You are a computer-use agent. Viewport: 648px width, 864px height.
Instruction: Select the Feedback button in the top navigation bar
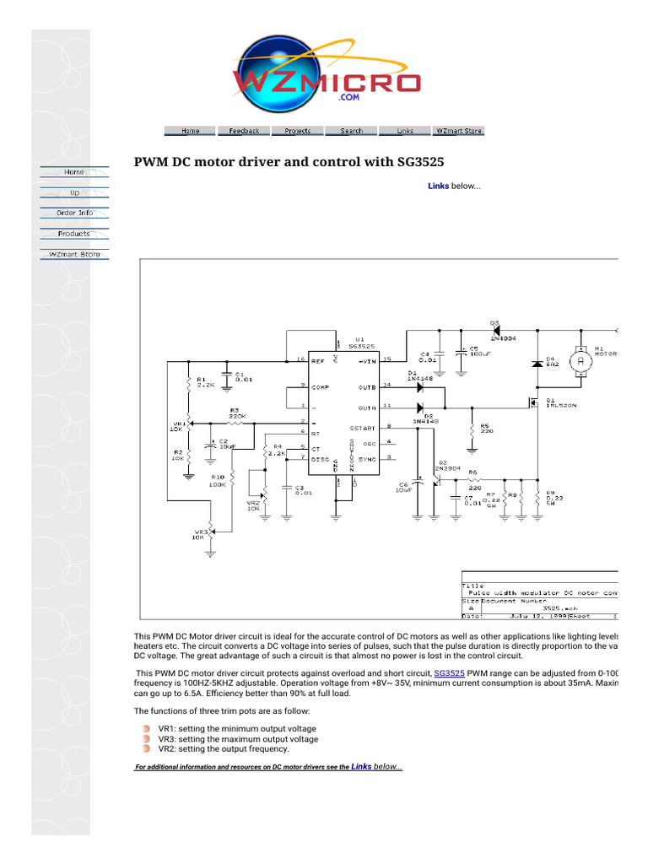tap(244, 131)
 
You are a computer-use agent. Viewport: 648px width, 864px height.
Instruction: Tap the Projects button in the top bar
tap(298, 131)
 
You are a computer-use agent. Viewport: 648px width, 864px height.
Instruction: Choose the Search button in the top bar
tap(352, 131)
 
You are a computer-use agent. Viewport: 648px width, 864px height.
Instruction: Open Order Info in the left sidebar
tap(74, 213)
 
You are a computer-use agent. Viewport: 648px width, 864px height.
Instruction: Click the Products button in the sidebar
tap(74, 234)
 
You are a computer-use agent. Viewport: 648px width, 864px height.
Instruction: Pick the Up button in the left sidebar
tap(74, 192)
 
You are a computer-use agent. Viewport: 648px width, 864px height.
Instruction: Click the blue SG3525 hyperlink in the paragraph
tap(449, 673)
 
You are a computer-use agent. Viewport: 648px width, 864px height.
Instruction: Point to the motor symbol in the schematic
tap(579, 360)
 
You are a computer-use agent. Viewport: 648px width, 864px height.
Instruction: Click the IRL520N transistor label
tap(561, 406)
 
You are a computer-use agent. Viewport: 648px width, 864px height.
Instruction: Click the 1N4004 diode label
tap(503, 337)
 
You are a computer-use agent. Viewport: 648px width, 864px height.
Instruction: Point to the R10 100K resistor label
tap(218, 481)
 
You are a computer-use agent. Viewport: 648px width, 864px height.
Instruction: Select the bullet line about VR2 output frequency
tap(224, 749)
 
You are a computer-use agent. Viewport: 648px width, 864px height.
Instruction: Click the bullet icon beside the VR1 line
tap(147, 728)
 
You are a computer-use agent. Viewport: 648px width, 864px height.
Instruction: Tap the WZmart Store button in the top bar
tap(459, 131)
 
